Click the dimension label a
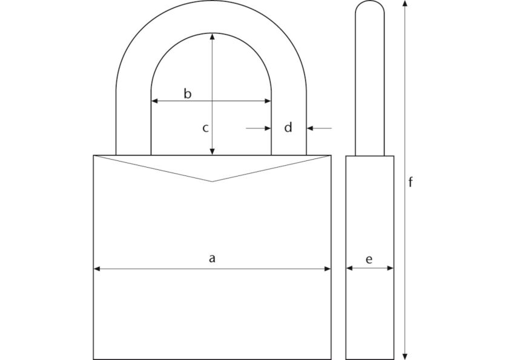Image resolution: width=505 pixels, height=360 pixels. coord(212,258)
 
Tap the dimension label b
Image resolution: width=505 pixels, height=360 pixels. coord(188,94)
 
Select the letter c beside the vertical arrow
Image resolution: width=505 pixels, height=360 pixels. coord(205,128)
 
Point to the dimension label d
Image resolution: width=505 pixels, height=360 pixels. coord(288,128)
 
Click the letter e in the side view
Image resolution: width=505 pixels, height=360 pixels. coord(369,259)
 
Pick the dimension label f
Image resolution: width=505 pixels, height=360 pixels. coord(411,182)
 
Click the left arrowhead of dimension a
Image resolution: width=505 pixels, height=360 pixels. coord(96,269)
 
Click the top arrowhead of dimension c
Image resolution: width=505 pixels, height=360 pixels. coord(212,36)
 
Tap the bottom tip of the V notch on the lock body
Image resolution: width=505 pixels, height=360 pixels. coord(212,182)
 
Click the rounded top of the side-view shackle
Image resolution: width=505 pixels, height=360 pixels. coord(369,4)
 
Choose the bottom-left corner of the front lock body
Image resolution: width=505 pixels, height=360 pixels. coord(93,359)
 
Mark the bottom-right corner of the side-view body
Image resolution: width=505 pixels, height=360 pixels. coord(394,359)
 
